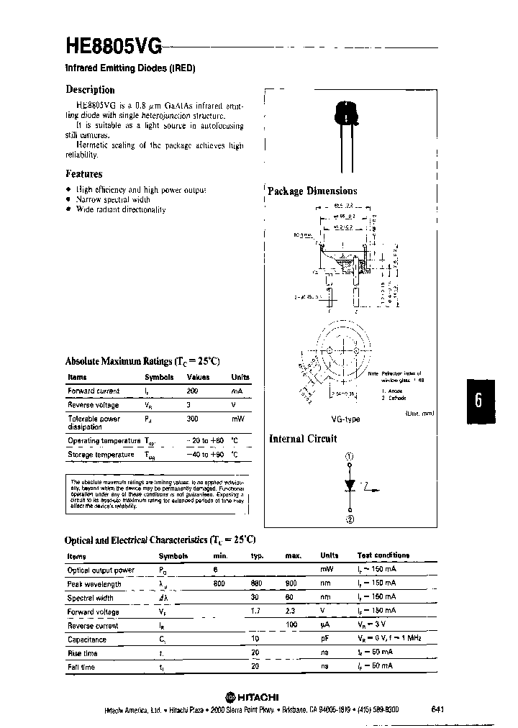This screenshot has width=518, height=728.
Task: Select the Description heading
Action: coord(90,90)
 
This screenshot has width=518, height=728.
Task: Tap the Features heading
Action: coord(83,174)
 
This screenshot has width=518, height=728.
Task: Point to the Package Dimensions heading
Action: coord(312,191)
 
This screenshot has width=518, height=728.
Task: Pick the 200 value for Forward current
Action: coord(192,391)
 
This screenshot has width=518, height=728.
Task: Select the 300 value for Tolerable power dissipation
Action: coord(192,418)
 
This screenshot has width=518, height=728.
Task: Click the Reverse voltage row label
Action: coord(94,405)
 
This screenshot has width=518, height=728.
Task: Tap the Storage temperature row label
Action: coord(101,455)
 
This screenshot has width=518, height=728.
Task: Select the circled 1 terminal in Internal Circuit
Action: coord(350,457)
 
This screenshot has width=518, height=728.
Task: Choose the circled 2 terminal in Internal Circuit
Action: coord(350,521)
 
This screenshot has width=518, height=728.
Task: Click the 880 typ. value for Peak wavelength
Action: coord(255,584)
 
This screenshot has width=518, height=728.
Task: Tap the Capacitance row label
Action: coord(87,639)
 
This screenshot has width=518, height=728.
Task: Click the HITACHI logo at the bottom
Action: coord(252,696)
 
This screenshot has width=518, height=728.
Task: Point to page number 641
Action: coord(437,709)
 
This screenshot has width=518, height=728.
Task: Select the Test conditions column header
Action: coord(383,555)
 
